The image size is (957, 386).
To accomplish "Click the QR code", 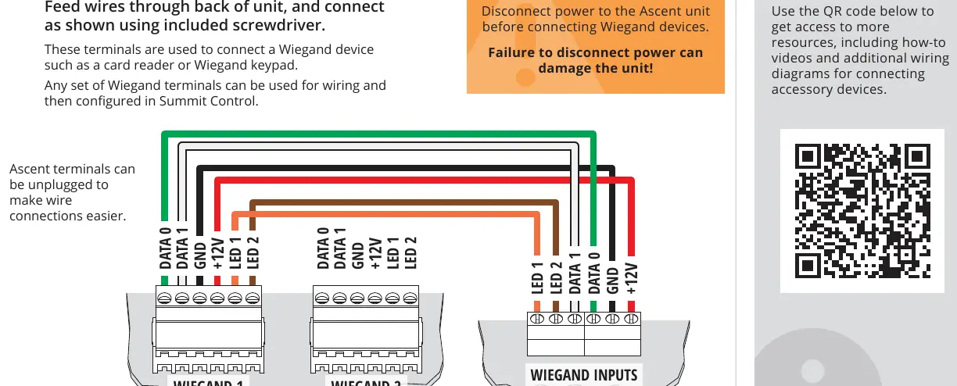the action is coord(862,211).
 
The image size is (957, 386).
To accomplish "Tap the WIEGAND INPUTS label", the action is coord(583,375).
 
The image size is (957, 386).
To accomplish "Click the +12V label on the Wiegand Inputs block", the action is coord(632,278).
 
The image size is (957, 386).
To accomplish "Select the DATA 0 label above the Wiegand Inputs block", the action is coord(594,273).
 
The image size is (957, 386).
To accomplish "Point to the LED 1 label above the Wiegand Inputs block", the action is coord(537,278).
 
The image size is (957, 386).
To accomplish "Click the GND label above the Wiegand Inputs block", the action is coord(613,281).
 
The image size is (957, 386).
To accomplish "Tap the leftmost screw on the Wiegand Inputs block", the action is coord(537,319).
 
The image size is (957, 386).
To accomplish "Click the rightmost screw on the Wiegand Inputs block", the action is coord(631,319).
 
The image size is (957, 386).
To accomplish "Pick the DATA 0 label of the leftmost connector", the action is coord(165,248).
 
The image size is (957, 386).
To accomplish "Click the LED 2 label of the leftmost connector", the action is coord(253,253).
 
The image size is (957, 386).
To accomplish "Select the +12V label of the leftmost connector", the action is coord(218,254).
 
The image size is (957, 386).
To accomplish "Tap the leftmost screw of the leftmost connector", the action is coord(164,298).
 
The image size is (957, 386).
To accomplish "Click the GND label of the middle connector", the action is coord(357,256).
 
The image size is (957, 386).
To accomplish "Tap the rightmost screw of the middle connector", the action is coord(410,298).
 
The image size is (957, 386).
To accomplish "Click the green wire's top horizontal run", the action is coord(378,134).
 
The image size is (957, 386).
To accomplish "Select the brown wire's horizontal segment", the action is coord(404,202).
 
